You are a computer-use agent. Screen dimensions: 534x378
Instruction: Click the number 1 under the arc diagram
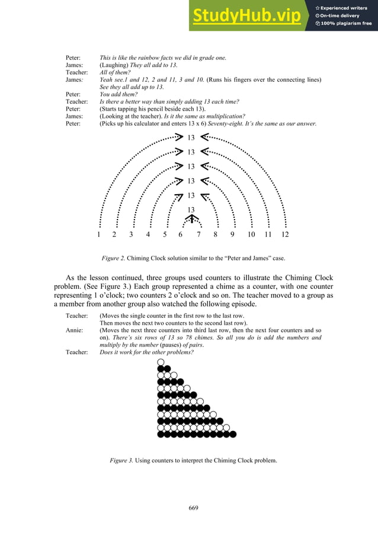click(98, 234)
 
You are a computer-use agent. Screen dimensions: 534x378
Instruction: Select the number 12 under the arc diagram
click(285, 234)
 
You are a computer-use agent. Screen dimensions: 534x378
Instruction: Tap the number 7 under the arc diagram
click(198, 234)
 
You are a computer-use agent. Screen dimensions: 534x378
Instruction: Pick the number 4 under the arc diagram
click(148, 234)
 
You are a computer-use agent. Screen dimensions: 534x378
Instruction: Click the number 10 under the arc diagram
click(251, 234)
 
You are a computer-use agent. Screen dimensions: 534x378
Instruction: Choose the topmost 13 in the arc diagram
click(191, 138)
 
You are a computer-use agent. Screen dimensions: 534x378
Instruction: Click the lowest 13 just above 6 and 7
click(191, 210)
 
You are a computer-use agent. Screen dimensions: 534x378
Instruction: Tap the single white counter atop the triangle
click(161, 362)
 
